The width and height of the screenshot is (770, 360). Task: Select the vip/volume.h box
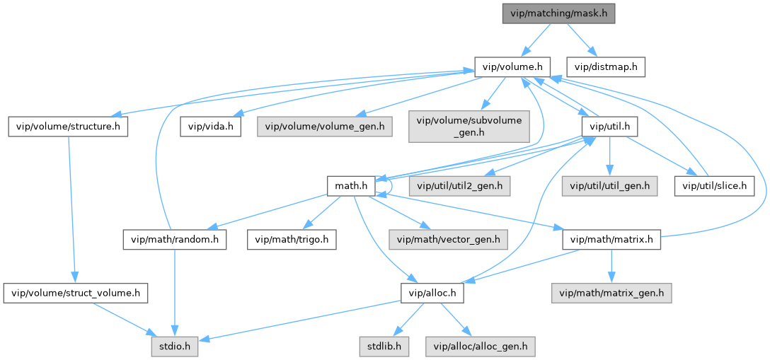pos(512,67)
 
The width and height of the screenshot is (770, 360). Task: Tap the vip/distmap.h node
pos(606,67)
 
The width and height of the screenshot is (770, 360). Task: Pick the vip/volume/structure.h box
pos(68,127)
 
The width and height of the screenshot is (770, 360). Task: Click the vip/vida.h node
pos(211,127)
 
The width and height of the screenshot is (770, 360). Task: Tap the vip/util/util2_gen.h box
pos(461,186)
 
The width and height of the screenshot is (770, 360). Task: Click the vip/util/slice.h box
pos(714,186)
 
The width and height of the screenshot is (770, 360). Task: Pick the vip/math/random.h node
pos(174,239)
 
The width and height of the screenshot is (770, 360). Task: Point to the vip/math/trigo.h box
pos(291,239)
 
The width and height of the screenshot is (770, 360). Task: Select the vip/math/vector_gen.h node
pos(448,239)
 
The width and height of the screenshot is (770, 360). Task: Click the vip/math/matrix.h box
pos(611,239)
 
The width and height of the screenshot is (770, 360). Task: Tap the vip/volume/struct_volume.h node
pos(75,292)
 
